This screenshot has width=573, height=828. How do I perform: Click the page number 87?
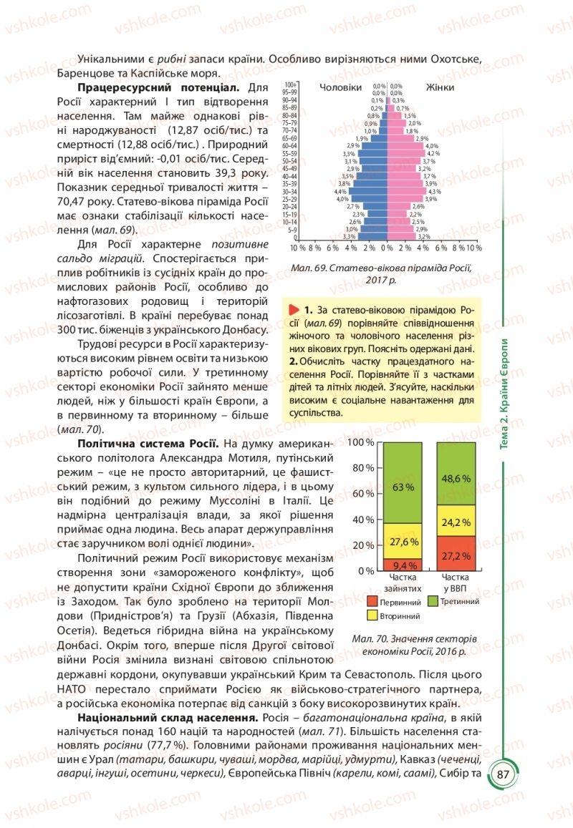click(x=503, y=776)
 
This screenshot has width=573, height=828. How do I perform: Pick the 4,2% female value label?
click(x=433, y=153)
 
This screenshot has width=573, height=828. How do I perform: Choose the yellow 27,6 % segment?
click(x=403, y=541)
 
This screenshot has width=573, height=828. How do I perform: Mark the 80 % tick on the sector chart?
click(x=366, y=467)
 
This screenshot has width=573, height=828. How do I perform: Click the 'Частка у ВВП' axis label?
click(x=456, y=580)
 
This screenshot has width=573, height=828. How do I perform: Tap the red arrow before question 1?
click(x=293, y=310)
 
